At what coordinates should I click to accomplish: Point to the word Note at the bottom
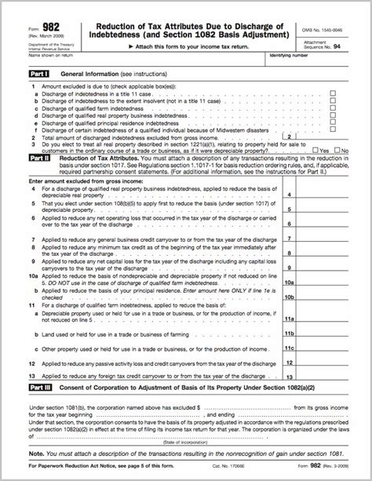pyautogui.click(x=35, y=454)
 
